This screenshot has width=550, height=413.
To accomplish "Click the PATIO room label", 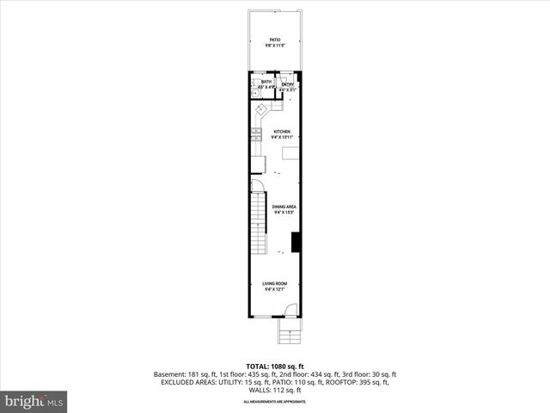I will click(275, 40).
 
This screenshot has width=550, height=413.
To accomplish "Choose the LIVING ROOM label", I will click(275, 284).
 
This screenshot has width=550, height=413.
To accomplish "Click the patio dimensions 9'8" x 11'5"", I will click(275, 46).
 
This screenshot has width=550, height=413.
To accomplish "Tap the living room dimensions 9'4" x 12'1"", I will click(275, 290).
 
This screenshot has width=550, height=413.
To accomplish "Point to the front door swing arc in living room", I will click(290, 311).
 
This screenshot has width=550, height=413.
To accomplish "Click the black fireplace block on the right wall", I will click(295, 243).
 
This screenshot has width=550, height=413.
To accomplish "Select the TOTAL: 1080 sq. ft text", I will click(275, 367).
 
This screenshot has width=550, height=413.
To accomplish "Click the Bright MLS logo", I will click(34, 400).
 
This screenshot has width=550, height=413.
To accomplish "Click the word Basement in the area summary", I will click(168, 374).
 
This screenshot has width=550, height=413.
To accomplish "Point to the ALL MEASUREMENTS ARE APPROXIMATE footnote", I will click(275, 401).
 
